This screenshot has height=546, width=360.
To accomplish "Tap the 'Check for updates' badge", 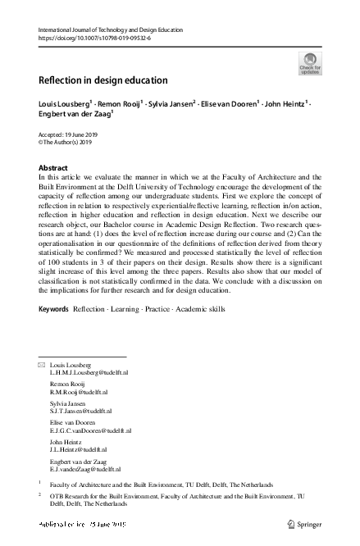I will tap(309, 63).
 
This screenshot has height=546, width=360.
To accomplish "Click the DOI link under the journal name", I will tap(93, 38).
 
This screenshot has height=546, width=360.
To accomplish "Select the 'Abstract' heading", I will tap(54, 167).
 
